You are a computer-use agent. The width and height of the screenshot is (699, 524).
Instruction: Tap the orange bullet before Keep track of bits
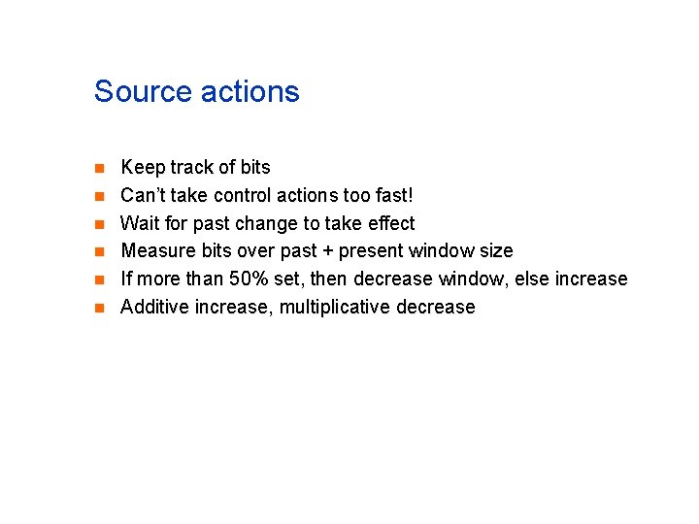point(98,169)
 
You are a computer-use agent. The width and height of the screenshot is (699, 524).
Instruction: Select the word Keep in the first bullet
point(143,168)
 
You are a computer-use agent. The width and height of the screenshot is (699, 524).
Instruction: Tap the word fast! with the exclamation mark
point(391,195)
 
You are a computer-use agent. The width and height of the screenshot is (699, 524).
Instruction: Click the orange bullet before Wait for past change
point(98,225)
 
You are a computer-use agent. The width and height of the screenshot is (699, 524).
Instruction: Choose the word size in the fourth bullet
point(494,251)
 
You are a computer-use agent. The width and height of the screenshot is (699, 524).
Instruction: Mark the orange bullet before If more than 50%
point(98,280)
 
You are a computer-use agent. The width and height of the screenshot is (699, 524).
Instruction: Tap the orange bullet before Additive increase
point(98,309)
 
